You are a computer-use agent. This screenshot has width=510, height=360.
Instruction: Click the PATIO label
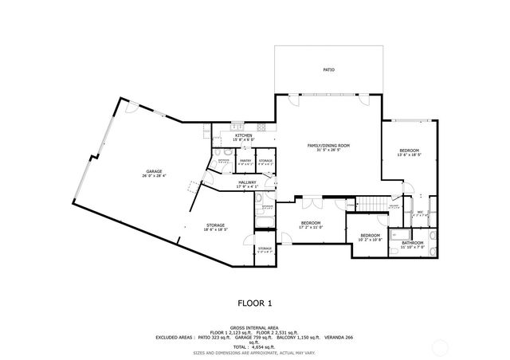tap(328, 70)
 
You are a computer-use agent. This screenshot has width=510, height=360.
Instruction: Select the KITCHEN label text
tap(244, 135)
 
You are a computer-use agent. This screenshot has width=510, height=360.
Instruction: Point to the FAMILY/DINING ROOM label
tap(329, 146)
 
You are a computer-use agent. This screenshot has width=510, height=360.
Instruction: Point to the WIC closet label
tap(420, 212)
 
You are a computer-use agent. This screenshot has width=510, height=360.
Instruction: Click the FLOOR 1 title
tap(255, 303)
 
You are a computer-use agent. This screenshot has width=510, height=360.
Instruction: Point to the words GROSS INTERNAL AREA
tap(255, 327)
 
